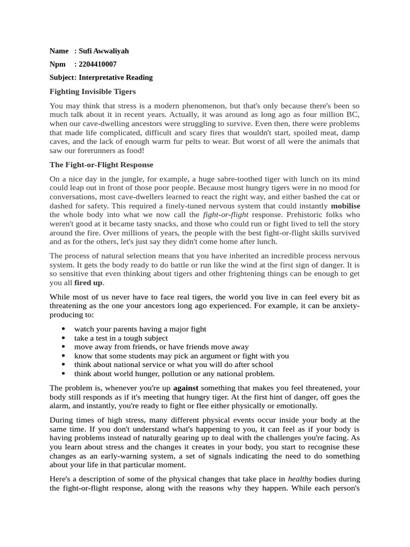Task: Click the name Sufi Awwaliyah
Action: click(104, 51)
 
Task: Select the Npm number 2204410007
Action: click(97, 64)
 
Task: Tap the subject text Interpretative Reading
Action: click(116, 77)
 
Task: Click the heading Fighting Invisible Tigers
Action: click(92, 91)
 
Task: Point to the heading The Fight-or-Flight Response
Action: click(101, 164)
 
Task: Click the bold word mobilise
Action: click(345, 206)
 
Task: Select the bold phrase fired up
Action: click(88, 282)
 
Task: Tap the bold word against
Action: click(183, 387)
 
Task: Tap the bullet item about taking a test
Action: click(121, 338)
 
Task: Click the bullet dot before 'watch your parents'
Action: click(64, 329)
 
